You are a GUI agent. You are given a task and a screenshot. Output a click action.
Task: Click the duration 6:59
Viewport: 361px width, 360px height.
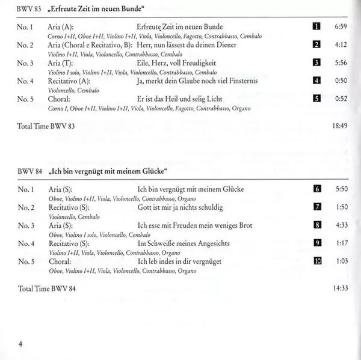click(x=341, y=28)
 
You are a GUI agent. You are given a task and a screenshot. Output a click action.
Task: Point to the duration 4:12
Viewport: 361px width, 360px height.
click(x=341, y=45)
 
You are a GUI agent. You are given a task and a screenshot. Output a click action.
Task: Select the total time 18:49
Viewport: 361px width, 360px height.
click(x=340, y=127)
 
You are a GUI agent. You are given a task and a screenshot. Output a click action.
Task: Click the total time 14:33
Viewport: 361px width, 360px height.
click(x=340, y=288)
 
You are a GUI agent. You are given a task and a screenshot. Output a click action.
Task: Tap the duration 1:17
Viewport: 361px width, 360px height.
click(x=341, y=243)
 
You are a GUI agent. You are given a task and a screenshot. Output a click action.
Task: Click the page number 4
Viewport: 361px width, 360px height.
click(x=20, y=344)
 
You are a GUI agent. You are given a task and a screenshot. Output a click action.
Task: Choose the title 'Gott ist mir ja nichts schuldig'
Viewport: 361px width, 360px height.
click(x=180, y=207)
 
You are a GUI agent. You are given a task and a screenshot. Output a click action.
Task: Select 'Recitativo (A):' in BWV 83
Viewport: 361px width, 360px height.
click(x=68, y=81)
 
